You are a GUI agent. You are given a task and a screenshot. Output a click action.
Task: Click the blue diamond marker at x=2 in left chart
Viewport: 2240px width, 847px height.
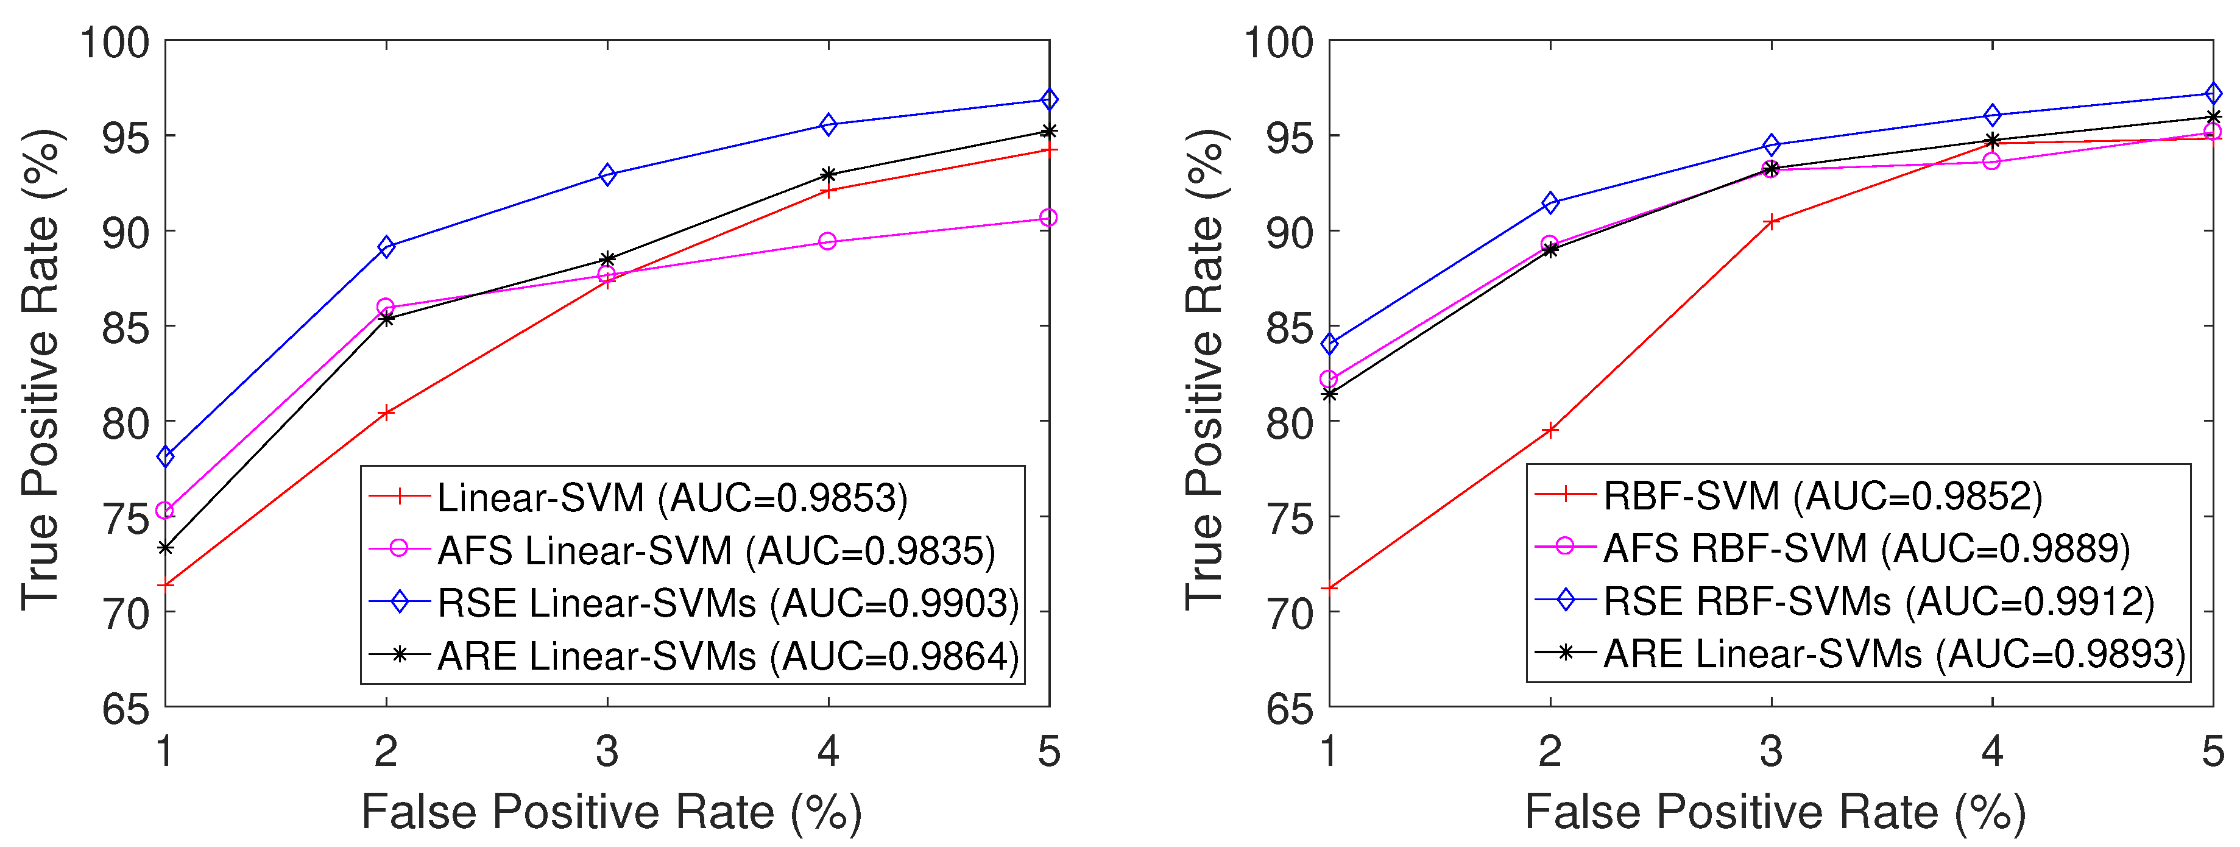click(x=386, y=247)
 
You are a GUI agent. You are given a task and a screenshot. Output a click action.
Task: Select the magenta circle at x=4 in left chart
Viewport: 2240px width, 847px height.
click(x=828, y=241)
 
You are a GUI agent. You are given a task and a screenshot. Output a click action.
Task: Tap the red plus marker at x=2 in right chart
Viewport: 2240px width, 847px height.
click(x=1550, y=430)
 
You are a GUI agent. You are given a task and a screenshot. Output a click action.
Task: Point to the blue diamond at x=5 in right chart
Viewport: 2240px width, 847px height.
click(x=2213, y=94)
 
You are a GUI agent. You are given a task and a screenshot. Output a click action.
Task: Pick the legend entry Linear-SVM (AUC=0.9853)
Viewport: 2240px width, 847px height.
click(x=671, y=497)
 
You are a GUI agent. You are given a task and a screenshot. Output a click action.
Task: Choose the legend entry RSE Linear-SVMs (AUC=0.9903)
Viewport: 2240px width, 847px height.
click(x=727, y=603)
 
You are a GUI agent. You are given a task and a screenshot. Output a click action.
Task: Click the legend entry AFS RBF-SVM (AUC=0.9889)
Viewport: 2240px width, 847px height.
click(x=1866, y=548)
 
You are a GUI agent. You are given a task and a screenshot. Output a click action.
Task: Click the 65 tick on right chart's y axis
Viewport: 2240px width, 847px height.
click(x=1290, y=709)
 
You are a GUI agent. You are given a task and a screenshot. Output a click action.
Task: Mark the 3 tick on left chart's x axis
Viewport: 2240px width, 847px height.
click(x=607, y=751)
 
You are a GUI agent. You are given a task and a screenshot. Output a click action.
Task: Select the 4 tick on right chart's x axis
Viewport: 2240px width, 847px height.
click(x=1992, y=751)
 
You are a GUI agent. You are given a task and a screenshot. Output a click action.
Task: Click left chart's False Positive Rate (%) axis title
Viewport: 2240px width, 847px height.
click(x=611, y=812)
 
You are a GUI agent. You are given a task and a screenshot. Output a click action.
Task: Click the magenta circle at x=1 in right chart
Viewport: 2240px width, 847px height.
click(x=1329, y=379)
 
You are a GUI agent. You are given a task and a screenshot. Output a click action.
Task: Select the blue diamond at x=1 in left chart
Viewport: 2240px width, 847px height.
click(x=165, y=456)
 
